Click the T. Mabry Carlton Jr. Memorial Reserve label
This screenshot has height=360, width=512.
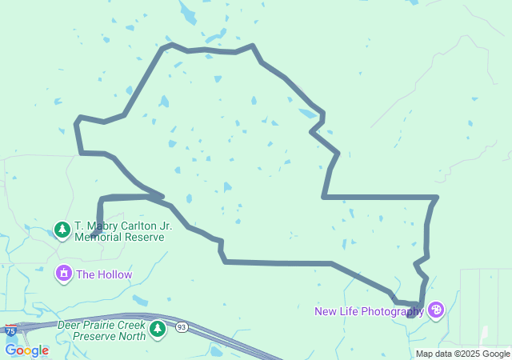pos(123,231)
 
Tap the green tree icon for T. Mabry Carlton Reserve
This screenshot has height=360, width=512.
pos(62,230)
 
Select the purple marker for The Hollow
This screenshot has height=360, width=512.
pos(63,274)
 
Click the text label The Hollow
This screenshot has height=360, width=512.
pos(104,275)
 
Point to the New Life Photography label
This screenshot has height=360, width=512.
pos(369,311)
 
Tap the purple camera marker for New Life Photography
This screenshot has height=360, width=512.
pos(435,310)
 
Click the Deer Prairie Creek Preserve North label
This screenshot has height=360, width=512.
pos(102,330)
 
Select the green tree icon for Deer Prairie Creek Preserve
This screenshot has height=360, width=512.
pos(158,328)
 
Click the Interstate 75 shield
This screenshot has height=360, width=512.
pos(10,330)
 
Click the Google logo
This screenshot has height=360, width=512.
pos(26,350)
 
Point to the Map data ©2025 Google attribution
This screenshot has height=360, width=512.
pos(462,354)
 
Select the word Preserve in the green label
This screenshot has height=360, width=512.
pos(94,336)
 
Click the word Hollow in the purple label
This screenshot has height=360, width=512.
pos(114,275)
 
